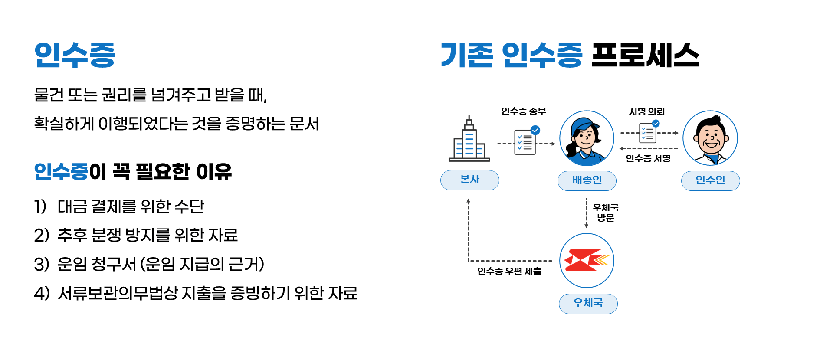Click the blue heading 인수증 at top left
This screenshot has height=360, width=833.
click(x=75, y=55)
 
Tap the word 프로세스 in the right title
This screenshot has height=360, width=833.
click(x=645, y=55)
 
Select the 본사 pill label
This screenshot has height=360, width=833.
click(x=470, y=180)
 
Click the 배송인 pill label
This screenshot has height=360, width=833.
click(x=587, y=180)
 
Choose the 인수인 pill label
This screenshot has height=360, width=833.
click(x=710, y=180)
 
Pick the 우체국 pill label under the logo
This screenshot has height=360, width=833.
click(x=588, y=303)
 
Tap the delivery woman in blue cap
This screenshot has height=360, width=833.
click(x=587, y=138)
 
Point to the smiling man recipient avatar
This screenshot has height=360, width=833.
click(x=710, y=138)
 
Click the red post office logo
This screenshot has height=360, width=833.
click(x=587, y=260)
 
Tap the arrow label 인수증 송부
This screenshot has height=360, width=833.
click(x=524, y=111)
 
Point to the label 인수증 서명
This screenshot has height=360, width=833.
click(x=648, y=159)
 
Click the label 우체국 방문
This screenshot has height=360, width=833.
click(x=606, y=213)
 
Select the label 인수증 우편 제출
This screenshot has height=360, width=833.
click(x=509, y=272)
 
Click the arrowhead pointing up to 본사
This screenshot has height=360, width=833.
click(x=469, y=201)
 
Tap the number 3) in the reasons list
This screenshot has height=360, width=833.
click(x=42, y=264)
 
